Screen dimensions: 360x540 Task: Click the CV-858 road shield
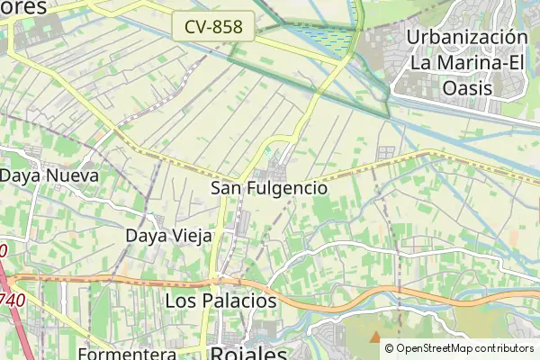tap(213, 27)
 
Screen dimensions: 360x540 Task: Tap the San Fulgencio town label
tap(268, 189)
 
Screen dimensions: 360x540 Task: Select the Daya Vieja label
tap(168, 236)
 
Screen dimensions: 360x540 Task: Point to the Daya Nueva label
tap(49, 175)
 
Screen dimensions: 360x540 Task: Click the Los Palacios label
tap(221, 300)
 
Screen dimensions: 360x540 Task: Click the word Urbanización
tap(466, 37)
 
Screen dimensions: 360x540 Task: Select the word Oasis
tap(466, 88)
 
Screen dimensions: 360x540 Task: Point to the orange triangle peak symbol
tap(374, 337)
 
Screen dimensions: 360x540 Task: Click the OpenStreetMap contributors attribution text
tap(464, 348)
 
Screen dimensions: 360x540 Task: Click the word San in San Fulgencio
tap(225, 189)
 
